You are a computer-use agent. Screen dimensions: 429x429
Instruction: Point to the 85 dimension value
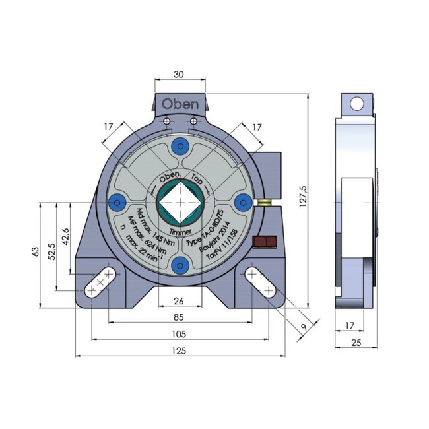(x=180, y=315)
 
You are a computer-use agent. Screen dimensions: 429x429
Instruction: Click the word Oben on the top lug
(x=180, y=104)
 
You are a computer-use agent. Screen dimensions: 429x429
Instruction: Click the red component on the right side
(x=264, y=242)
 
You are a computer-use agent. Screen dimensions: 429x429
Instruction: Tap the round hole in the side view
(x=356, y=104)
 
